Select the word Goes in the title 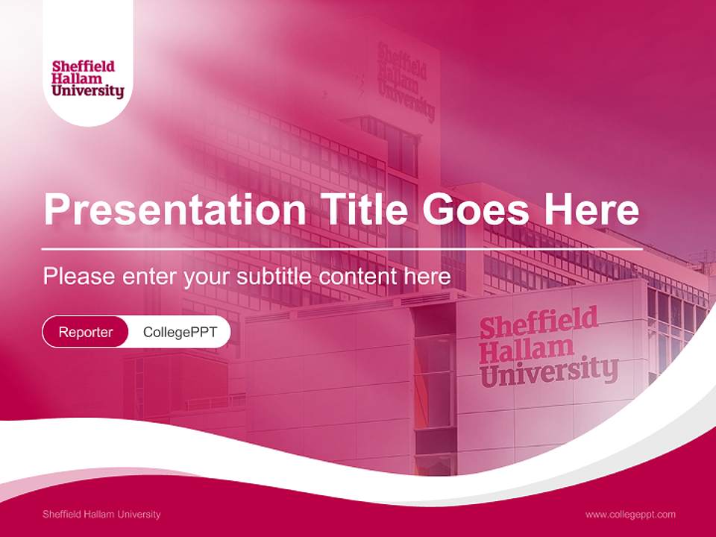coord(479,211)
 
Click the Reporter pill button coord(86,332)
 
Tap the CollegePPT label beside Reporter coord(180,332)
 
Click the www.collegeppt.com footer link coord(630,514)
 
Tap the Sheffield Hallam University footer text coord(101,514)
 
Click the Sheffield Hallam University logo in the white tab coord(88,79)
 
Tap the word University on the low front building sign coord(549,370)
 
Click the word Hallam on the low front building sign coord(527,348)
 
